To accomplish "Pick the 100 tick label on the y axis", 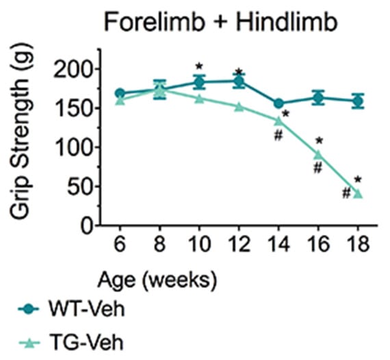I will click(73, 147).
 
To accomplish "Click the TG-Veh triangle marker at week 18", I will click(358, 194).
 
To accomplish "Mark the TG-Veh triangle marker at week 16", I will click(318, 155).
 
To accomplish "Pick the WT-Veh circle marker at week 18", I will click(358, 101).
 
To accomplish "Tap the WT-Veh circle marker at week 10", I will click(199, 82).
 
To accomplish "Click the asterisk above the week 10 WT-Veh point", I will click(199, 66).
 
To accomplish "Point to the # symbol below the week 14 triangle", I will click(278, 136).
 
